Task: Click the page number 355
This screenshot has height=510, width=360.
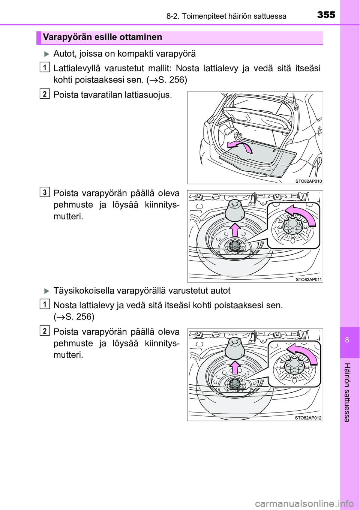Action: [326, 15]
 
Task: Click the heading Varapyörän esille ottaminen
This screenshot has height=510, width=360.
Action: [102, 37]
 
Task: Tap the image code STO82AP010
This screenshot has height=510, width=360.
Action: [308, 181]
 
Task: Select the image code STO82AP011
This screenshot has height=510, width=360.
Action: [309, 279]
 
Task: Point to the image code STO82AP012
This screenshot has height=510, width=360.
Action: [308, 418]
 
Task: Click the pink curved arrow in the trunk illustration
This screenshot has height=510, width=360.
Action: [240, 147]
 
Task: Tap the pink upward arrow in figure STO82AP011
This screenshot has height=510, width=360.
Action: [235, 229]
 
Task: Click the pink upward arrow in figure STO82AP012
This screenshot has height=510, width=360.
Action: [235, 367]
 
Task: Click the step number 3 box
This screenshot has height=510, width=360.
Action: [45, 192]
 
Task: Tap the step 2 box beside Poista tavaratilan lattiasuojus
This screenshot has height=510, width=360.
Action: [45, 93]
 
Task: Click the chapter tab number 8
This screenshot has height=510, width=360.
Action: [347, 340]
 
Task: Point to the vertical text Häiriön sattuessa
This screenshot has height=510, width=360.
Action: [347, 392]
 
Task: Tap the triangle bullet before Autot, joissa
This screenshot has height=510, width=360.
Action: [46, 54]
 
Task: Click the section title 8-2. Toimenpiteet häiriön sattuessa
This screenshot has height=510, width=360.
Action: [226, 16]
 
